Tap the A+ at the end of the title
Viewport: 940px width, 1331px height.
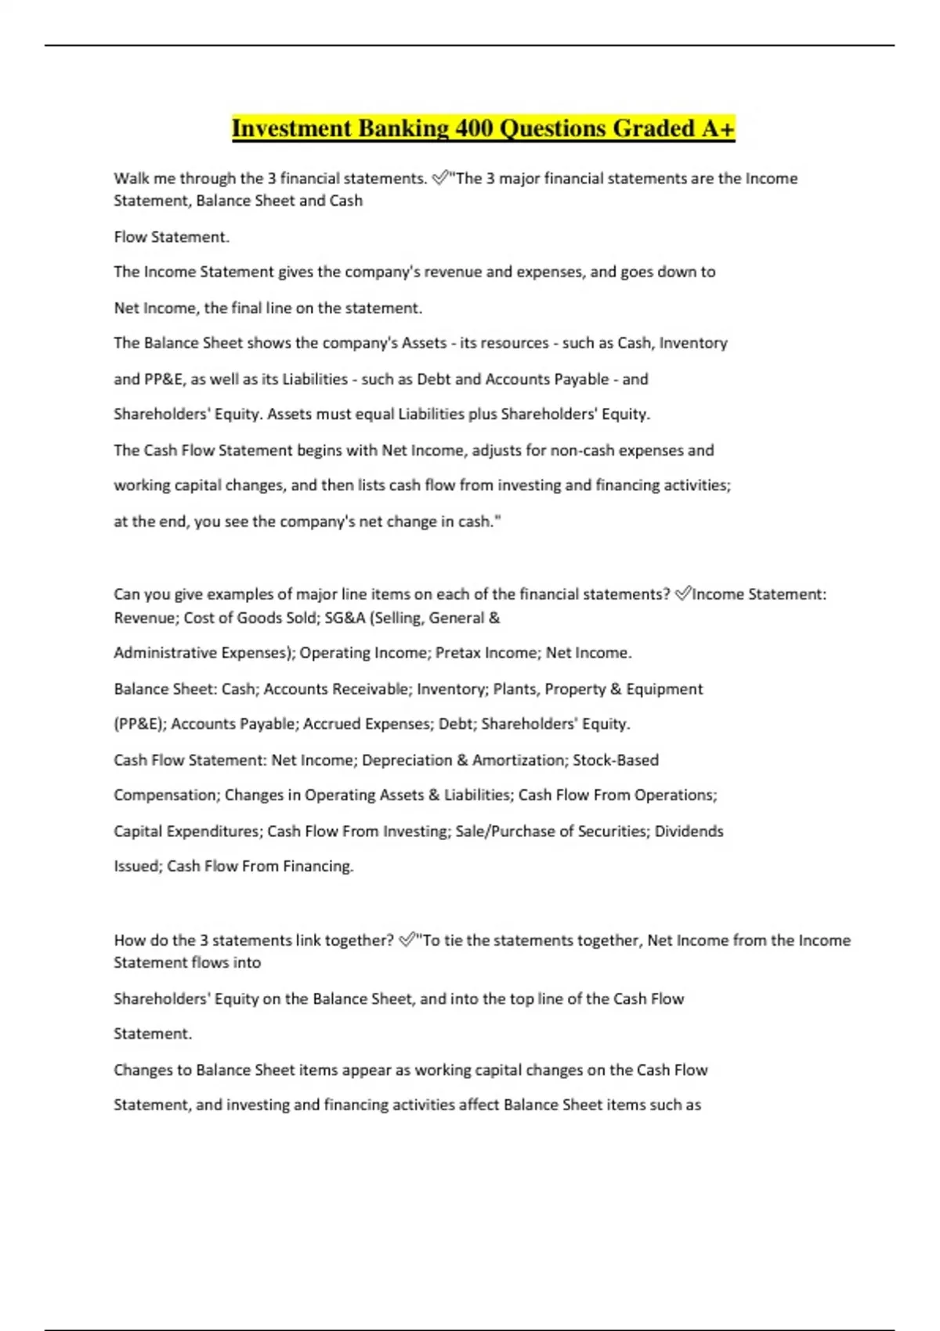pos(718,128)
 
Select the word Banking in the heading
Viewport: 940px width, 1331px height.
pos(403,128)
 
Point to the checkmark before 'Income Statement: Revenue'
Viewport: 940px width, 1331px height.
pos(683,594)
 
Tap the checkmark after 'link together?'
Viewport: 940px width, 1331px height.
pos(407,940)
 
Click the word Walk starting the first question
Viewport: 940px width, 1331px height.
pos(132,179)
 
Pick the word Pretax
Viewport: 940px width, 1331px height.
pos(460,653)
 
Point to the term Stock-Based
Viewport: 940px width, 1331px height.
pos(616,760)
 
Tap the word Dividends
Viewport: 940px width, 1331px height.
pos(689,831)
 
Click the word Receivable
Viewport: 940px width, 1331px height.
pos(371,689)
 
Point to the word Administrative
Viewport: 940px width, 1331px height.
pos(164,653)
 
